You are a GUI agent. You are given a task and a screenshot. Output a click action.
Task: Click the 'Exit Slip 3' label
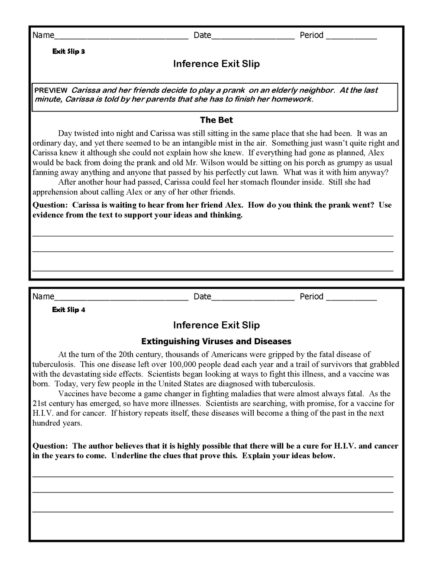[x=68, y=52]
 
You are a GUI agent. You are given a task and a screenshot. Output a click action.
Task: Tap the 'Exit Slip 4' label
[x=68, y=310]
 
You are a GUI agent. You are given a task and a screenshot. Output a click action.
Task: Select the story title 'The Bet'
[x=216, y=120]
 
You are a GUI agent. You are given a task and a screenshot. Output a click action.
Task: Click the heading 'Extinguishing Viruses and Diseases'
[x=216, y=341]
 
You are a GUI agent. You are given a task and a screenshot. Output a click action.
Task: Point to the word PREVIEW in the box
[x=51, y=91]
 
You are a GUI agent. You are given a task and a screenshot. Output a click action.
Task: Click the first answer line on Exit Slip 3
[x=213, y=235]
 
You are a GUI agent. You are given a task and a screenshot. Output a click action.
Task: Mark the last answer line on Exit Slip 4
[x=213, y=511]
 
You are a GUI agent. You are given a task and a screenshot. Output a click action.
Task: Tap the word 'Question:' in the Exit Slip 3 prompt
[x=50, y=205]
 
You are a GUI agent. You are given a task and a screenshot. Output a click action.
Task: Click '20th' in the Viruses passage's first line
[x=114, y=355]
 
